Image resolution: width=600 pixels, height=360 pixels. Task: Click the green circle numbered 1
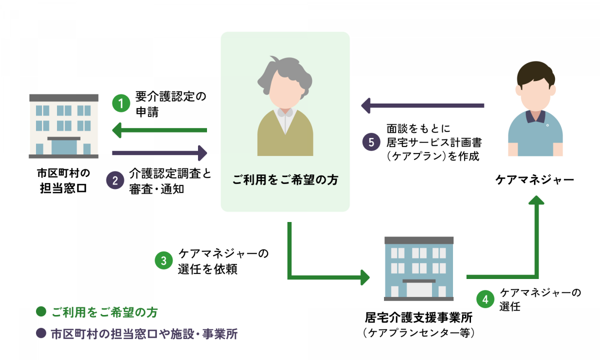tap(120, 103)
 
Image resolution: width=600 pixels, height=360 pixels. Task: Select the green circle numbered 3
tap(163, 261)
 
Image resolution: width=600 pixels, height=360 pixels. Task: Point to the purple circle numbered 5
tap(371, 141)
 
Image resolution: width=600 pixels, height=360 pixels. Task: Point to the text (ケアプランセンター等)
tap(419, 332)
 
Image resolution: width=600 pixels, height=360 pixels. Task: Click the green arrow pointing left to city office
tap(159, 131)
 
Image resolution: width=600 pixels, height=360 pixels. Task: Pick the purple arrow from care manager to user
tap(422, 105)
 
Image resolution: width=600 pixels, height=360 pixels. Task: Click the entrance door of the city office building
tap(63, 146)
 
